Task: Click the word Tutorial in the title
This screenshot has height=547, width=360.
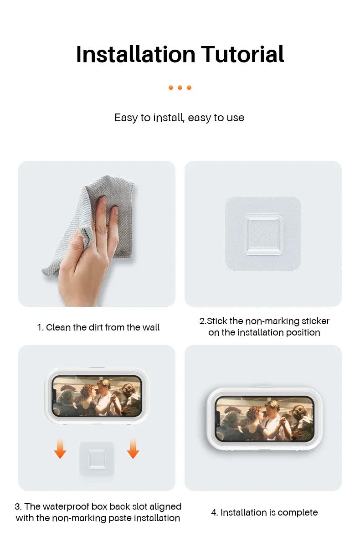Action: tap(242, 54)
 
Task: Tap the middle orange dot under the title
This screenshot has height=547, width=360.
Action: tap(180, 88)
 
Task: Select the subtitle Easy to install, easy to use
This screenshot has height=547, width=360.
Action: tap(180, 118)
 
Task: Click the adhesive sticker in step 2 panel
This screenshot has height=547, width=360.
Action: tap(263, 233)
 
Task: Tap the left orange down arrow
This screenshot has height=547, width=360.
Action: tap(60, 449)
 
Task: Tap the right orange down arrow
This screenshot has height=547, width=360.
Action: tap(133, 449)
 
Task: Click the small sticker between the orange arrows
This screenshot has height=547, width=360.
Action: tap(97, 459)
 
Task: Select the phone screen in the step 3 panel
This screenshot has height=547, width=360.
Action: tap(97, 396)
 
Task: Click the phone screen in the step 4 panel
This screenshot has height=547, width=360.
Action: tap(264, 418)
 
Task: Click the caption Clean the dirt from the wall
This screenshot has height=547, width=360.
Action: tap(98, 327)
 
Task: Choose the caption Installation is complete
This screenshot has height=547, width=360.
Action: tap(264, 512)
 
